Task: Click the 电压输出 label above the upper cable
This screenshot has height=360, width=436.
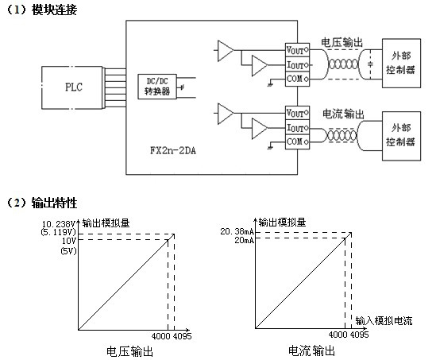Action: click(342, 41)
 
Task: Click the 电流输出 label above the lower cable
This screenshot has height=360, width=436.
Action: click(342, 114)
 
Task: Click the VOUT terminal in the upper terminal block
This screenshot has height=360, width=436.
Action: click(295, 49)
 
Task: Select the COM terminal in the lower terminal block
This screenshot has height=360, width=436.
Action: click(295, 141)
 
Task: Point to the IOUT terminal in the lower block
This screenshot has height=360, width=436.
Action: click(295, 127)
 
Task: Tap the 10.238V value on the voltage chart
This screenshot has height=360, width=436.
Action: click(58, 226)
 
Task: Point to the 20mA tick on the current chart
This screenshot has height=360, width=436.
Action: click(243, 241)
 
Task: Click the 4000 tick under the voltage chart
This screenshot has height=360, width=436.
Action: click(160, 335)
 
